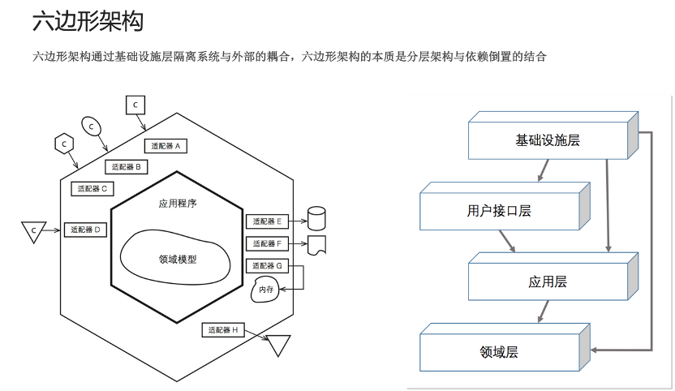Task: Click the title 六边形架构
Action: click(87, 22)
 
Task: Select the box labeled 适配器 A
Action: click(166, 146)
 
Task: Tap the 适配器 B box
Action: click(126, 166)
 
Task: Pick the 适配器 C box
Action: click(92, 188)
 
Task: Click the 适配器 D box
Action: click(84, 230)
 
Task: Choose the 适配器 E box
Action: click(266, 221)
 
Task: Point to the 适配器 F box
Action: click(266, 243)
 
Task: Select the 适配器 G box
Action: click(266, 265)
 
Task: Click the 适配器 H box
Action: click(223, 330)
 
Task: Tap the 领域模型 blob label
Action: click(178, 260)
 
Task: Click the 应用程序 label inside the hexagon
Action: click(178, 204)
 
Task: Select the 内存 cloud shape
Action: click(266, 290)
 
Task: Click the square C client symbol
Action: click(135, 105)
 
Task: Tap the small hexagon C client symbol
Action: click(63, 144)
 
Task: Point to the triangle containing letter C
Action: click(33, 231)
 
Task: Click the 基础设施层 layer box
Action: click(548, 140)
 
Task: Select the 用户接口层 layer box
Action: click(499, 211)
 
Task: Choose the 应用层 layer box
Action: click(548, 281)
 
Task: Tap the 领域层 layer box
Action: click(499, 352)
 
